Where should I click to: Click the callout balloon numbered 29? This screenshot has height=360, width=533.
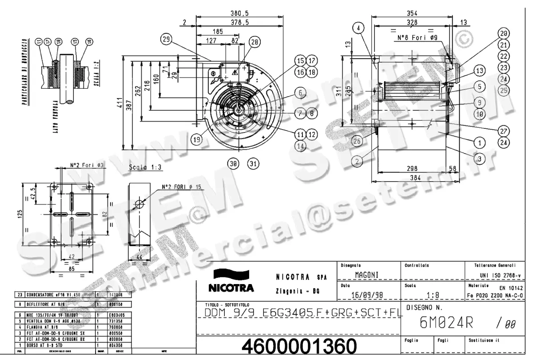click(x=166, y=40)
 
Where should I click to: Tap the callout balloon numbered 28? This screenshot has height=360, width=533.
click(x=255, y=42)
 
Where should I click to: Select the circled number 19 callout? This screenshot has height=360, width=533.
click(x=198, y=139)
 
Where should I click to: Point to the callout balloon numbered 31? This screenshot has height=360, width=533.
click(x=253, y=164)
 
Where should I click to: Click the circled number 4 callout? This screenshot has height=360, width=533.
click(x=358, y=28)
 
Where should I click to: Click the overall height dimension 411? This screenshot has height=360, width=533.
click(x=127, y=103)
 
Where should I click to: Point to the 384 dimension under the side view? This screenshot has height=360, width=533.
click(x=414, y=178)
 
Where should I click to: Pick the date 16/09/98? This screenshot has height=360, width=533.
click(x=366, y=294)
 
